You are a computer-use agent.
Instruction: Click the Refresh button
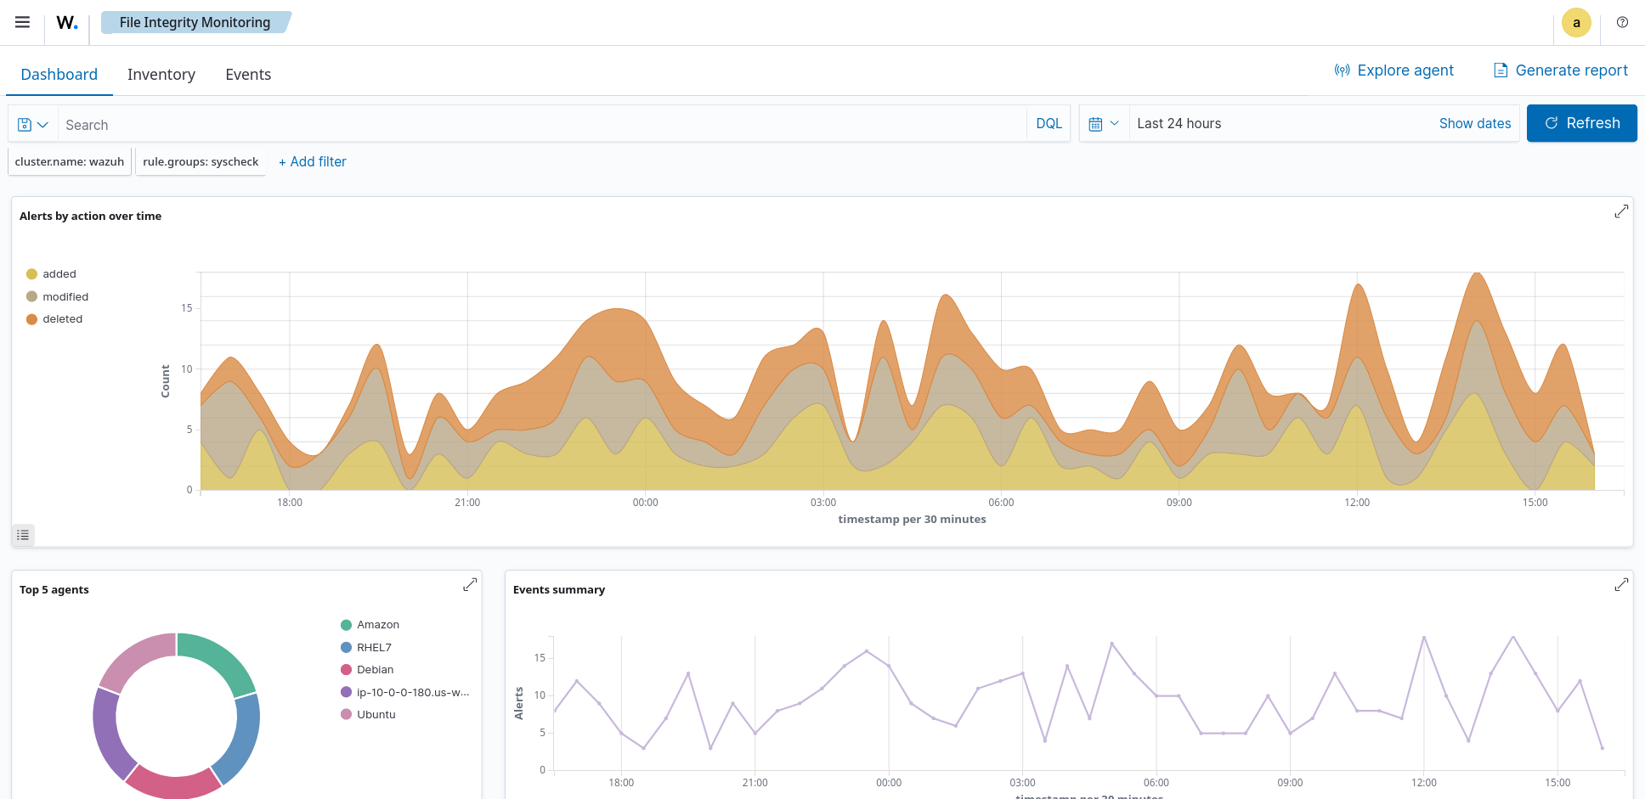click(x=1581, y=123)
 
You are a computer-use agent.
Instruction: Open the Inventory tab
click(x=161, y=75)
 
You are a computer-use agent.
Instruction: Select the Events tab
click(x=248, y=75)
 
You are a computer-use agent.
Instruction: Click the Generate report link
click(x=1561, y=70)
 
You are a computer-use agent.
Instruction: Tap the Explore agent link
click(x=1394, y=70)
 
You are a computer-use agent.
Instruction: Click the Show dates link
click(x=1474, y=124)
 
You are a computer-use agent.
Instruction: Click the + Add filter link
click(x=313, y=162)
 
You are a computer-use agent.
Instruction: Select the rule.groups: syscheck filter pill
click(x=201, y=162)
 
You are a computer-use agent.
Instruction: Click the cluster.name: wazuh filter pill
click(x=70, y=162)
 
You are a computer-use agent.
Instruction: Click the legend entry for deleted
click(x=62, y=319)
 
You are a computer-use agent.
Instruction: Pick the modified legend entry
click(x=65, y=297)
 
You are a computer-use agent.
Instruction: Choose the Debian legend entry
click(x=375, y=670)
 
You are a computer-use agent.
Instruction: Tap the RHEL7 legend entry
click(x=374, y=648)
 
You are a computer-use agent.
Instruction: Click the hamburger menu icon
click(x=23, y=23)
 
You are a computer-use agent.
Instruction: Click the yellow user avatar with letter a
click(x=1576, y=23)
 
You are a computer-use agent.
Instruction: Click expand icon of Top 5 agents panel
click(x=470, y=585)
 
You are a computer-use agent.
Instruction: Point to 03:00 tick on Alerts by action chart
click(x=822, y=503)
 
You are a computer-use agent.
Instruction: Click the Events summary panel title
click(x=559, y=590)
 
